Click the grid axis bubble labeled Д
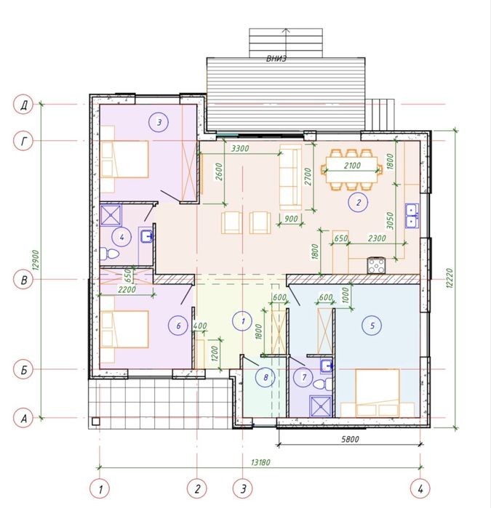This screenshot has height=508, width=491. point(23,105)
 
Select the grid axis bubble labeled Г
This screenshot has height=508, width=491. point(23,141)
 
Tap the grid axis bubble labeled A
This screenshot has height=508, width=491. point(23,419)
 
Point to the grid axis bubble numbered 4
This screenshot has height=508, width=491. point(420,488)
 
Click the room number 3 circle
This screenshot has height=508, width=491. point(159,123)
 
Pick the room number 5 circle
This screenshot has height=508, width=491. point(372,326)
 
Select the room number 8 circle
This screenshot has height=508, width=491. point(266,377)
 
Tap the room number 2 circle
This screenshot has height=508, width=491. point(358,203)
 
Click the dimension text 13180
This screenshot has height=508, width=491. point(260,462)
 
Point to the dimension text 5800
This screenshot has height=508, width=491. point(351,439)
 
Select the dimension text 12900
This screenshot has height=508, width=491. point(36,260)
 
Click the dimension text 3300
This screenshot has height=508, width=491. point(240,148)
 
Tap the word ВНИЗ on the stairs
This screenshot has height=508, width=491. point(276,59)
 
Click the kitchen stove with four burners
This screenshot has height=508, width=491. point(376,265)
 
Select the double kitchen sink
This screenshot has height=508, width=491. point(412,216)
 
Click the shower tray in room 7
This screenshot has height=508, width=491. point(321,406)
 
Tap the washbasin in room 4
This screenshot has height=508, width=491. point(147,236)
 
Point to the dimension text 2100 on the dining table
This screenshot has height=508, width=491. point(352,166)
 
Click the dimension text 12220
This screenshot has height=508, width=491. point(449,278)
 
